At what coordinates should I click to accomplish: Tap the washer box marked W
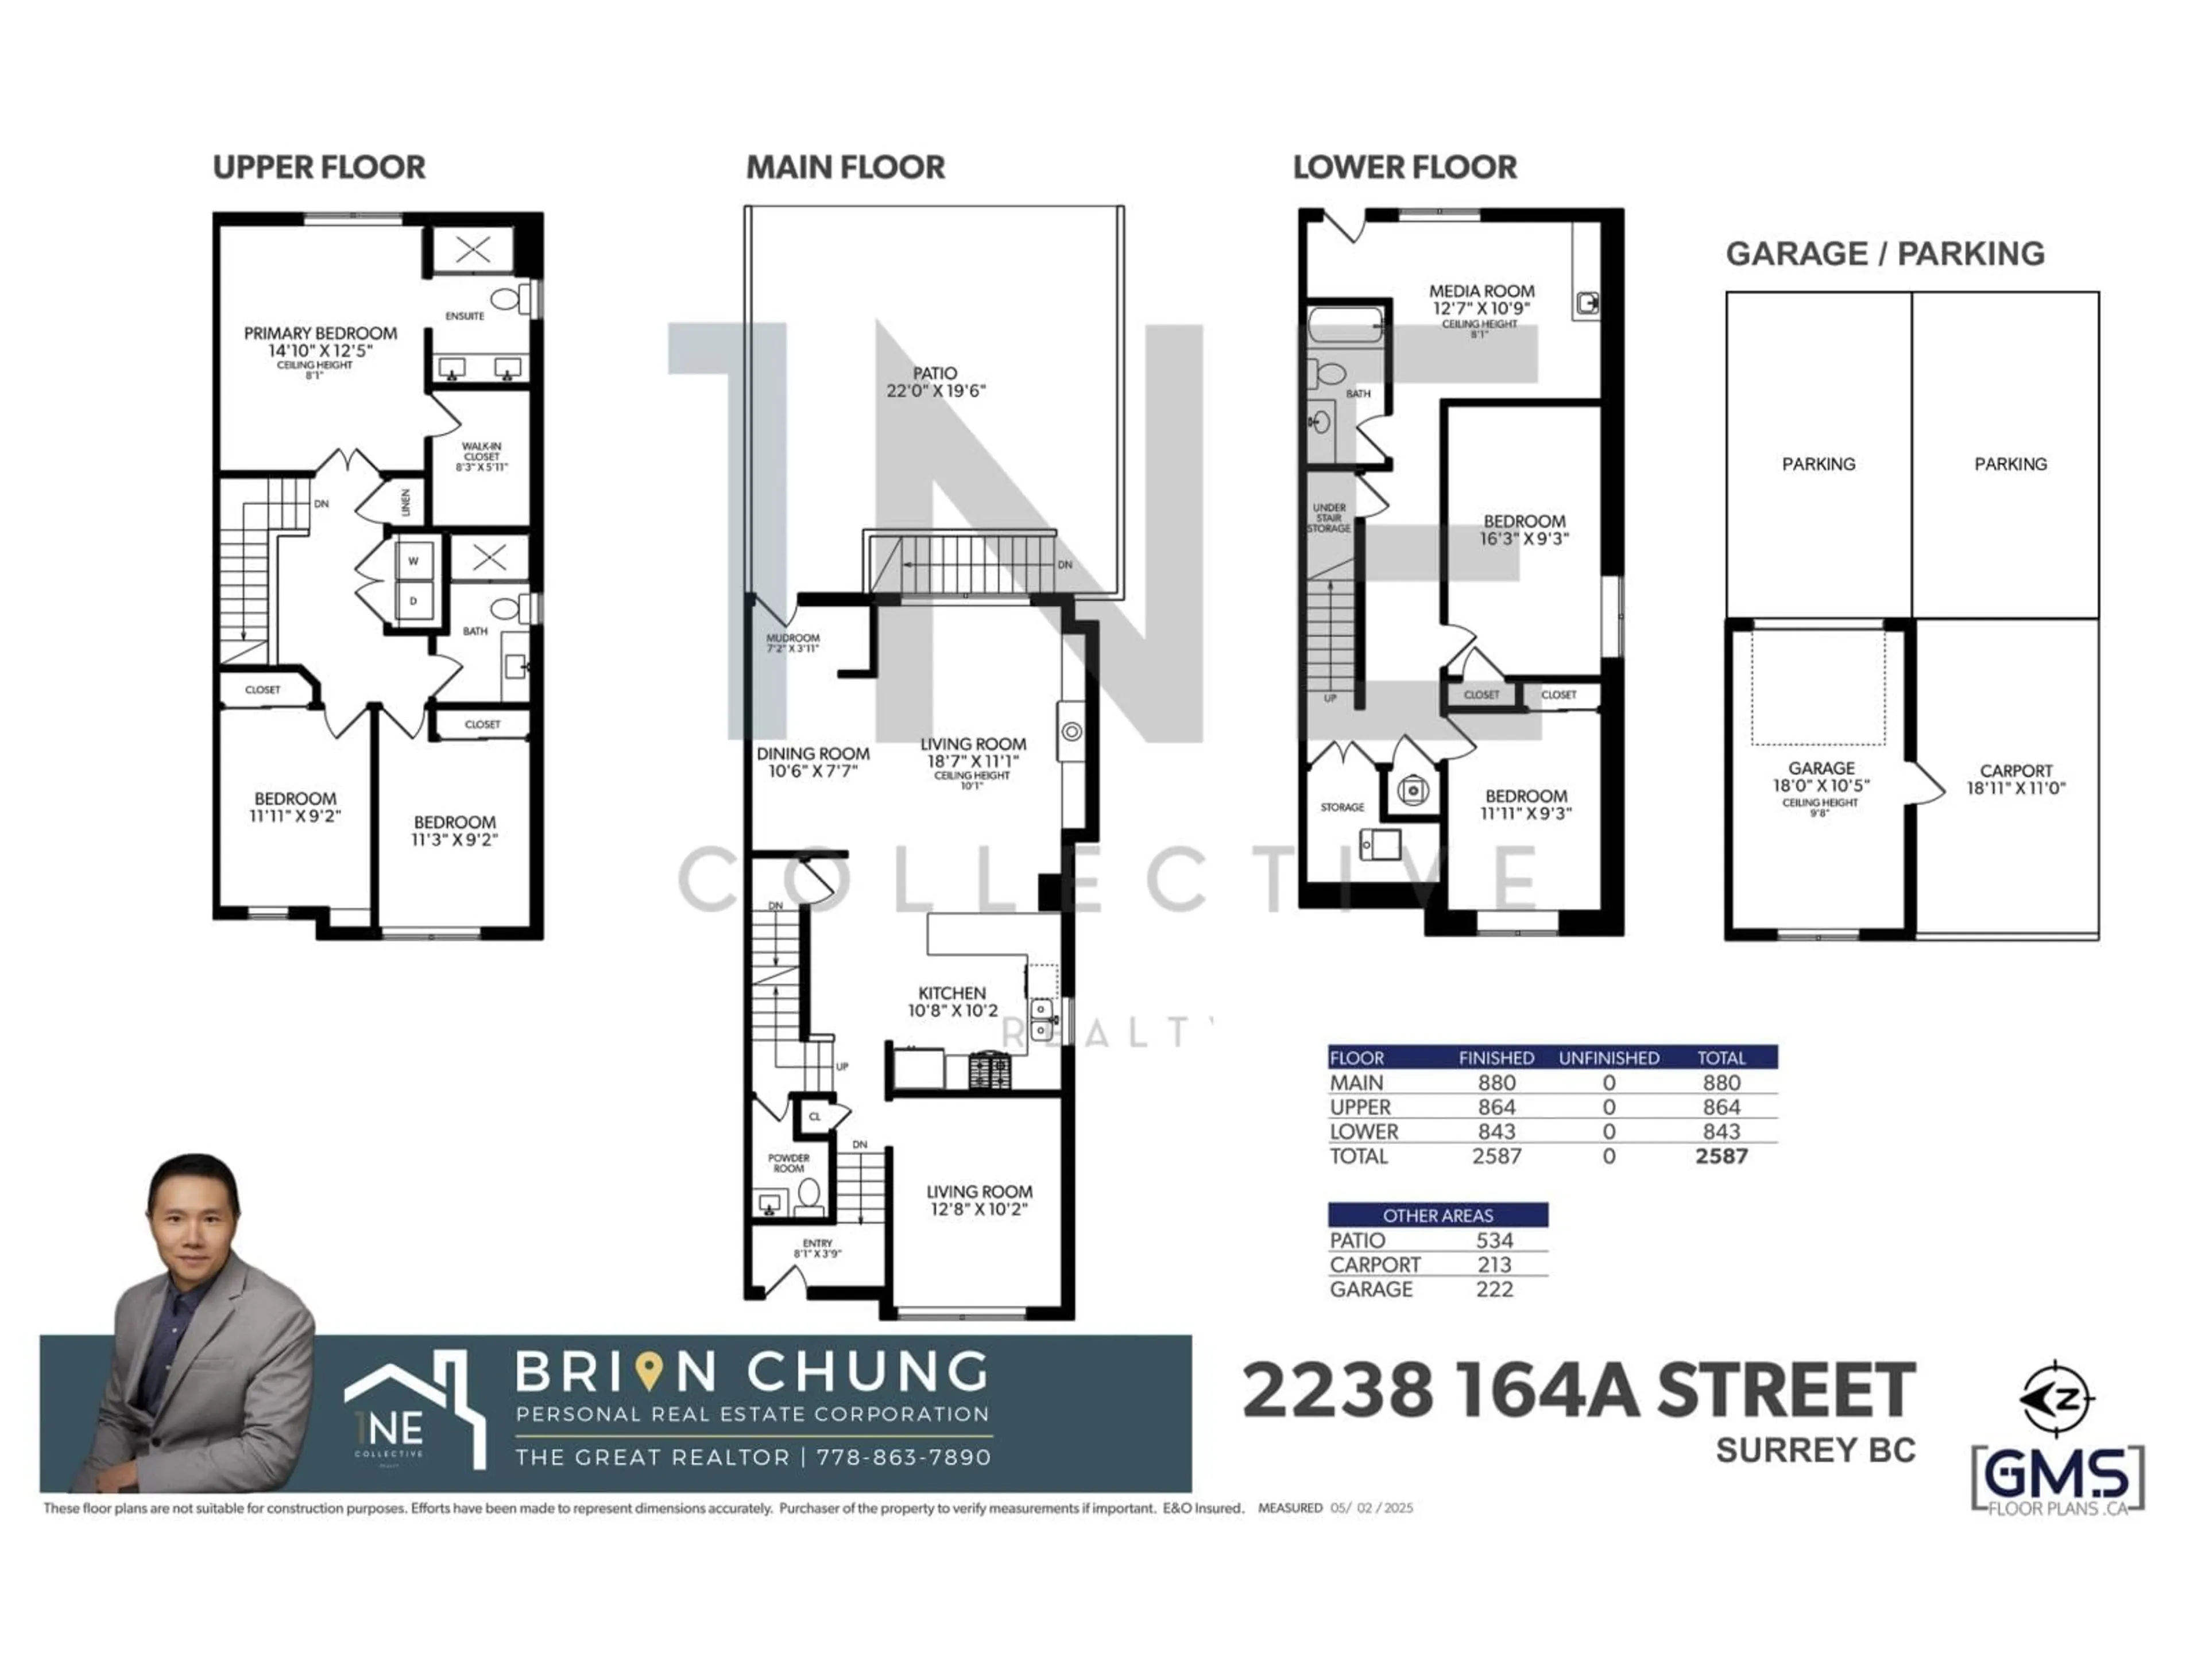coord(413,561)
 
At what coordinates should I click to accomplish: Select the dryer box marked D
coord(413,601)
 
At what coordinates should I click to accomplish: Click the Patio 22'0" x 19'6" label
coord(935,382)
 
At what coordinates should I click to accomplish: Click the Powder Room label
coord(788,1163)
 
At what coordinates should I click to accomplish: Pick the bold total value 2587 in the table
coord(1722,1157)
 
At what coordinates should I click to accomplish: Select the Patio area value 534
coord(1494,1240)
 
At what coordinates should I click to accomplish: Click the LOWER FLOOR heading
coord(1405,168)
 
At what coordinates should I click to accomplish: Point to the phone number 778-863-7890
coord(903,1457)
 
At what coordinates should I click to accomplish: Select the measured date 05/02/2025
coord(1372,1508)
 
